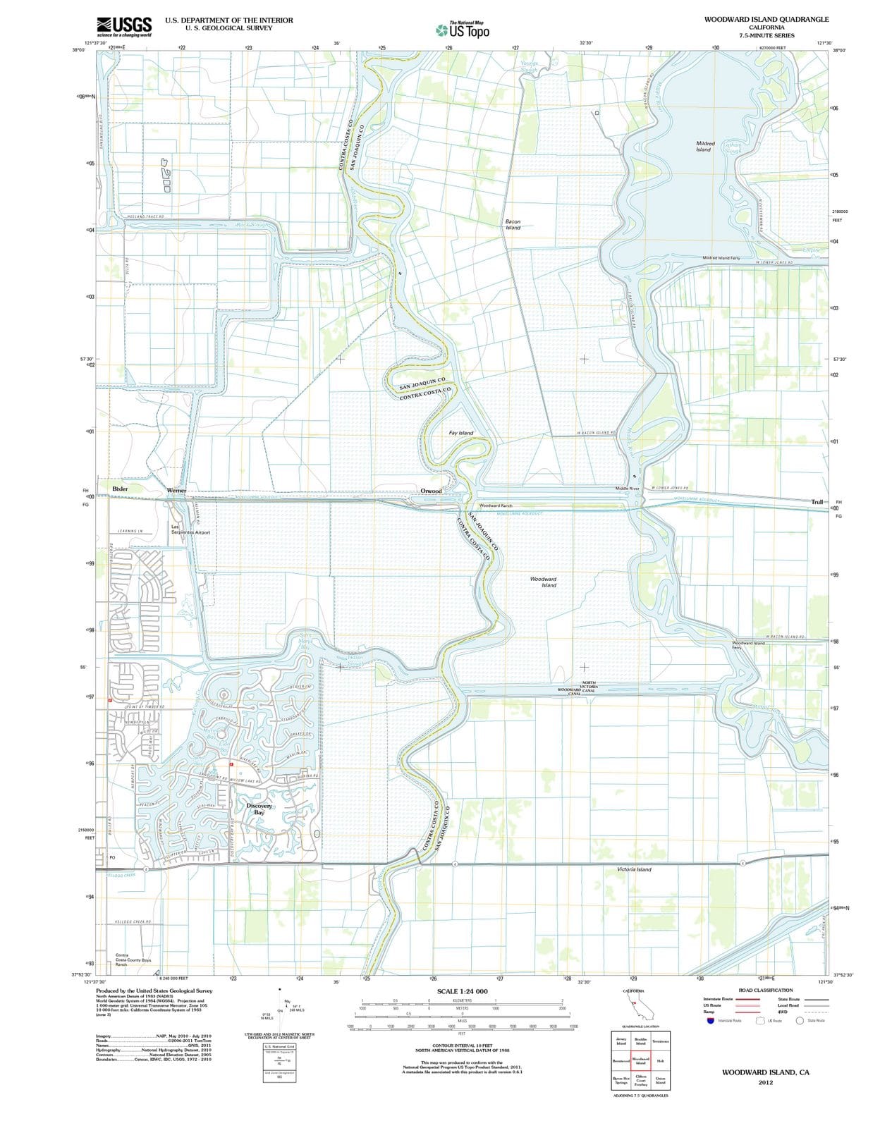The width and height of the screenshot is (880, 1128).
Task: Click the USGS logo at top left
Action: [x=124, y=26]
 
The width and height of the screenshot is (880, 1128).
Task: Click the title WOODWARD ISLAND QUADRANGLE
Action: [x=766, y=19]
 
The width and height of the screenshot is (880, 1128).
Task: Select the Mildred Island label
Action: [x=704, y=146]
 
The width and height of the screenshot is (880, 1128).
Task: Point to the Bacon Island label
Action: [x=513, y=224]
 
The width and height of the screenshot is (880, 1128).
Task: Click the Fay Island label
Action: [x=461, y=433]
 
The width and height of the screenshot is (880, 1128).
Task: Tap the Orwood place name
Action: [x=431, y=491]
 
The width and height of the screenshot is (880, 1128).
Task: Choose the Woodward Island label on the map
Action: [x=543, y=582]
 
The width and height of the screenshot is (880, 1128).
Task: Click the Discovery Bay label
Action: [x=259, y=809]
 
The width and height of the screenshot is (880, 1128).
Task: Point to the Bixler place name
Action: [x=120, y=488]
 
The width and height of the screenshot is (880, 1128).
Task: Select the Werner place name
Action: [x=176, y=490]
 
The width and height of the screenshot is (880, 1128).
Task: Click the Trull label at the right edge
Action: [x=817, y=502]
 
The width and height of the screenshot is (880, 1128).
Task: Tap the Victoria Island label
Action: [x=634, y=869]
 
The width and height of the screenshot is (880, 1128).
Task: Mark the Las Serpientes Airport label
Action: [x=190, y=529]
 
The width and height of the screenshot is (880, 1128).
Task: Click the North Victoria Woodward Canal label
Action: [x=576, y=688]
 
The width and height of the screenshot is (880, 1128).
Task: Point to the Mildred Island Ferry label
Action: [x=721, y=258]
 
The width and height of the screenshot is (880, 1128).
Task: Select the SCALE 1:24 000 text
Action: [x=462, y=991]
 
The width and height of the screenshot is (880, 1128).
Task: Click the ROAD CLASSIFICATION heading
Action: [x=765, y=990]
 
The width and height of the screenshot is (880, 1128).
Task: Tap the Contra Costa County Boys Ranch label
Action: [x=133, y=960]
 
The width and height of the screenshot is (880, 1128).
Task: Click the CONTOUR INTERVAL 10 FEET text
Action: [x=462, y=1045]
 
